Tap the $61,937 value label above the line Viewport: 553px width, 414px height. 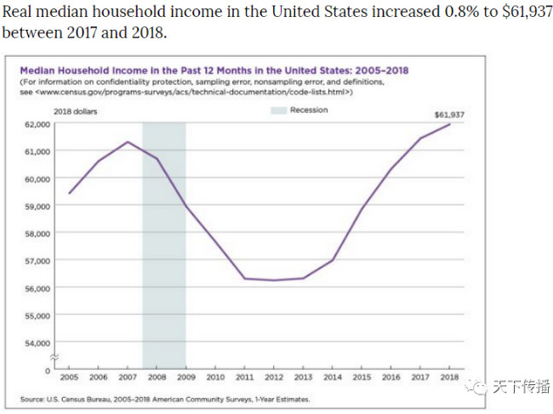[x=450, y=114]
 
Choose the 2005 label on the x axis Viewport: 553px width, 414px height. [x=70, y=376]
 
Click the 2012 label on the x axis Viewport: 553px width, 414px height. [x=274, y=376]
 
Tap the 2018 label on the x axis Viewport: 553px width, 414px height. [x=449, y=376]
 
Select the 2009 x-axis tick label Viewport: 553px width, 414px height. [x=186, y=376]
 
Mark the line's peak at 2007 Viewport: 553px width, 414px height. [x=128, y=142]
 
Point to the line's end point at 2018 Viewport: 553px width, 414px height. [x=449, y=124]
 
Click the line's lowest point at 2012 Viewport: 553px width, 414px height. [x=274, y=281]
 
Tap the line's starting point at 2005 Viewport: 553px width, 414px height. [x=70, y=194]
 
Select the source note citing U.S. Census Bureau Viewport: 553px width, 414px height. [x=165, y=399]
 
